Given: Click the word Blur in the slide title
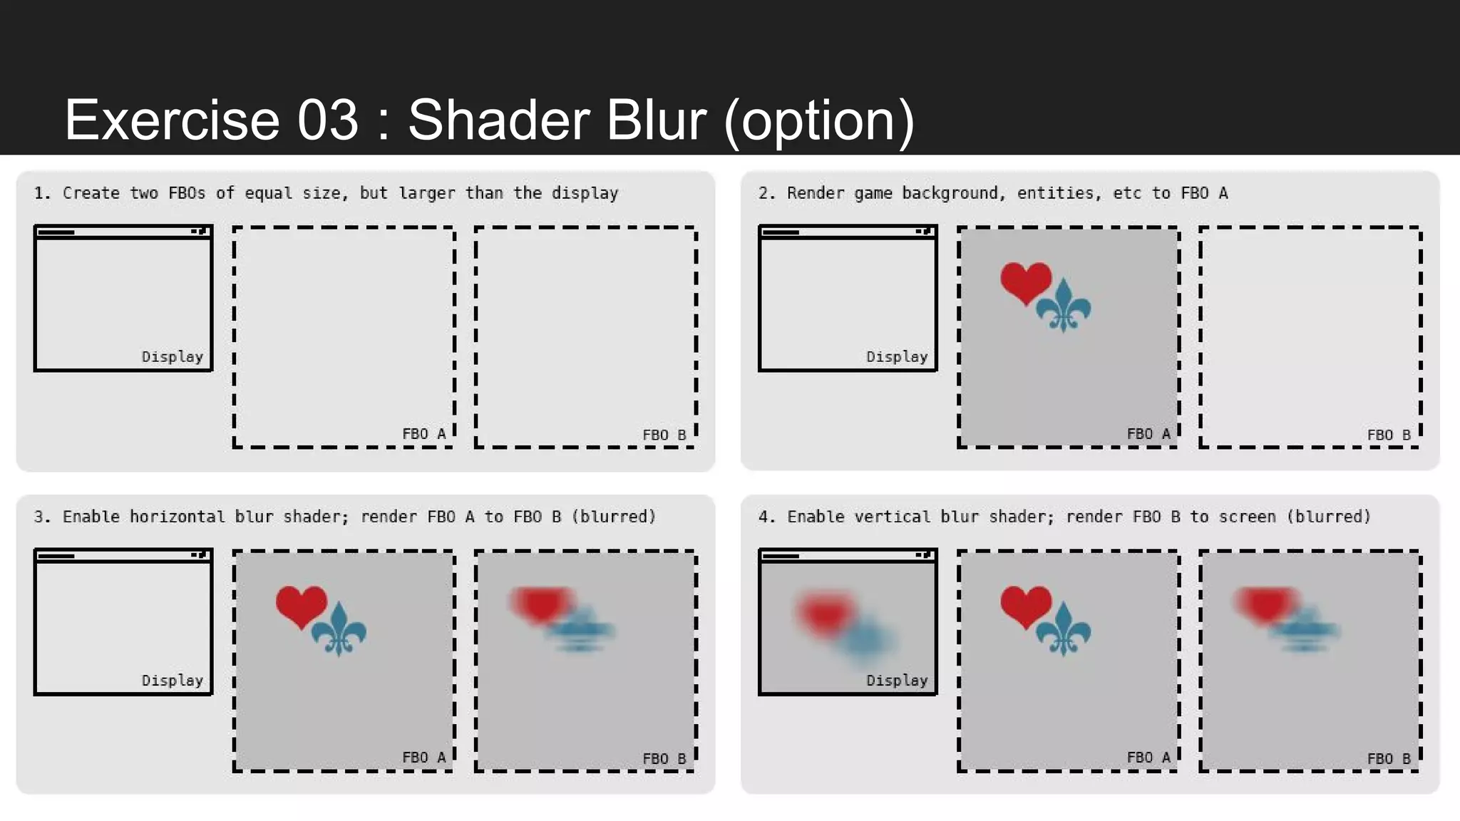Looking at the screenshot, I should point(657,120).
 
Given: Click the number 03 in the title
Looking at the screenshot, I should point(327,120).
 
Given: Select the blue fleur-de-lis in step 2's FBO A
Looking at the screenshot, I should point(1064,306).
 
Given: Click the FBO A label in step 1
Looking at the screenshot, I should point(423,434).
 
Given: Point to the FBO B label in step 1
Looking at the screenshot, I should point(664,435).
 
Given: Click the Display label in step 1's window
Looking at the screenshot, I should point(172,356).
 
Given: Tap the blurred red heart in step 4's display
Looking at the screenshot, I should point(825,613).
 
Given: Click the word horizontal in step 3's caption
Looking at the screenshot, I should point(177,517).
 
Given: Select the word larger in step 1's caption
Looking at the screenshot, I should point(426,193).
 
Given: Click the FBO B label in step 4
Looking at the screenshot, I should point(1388,758).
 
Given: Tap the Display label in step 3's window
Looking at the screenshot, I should point(172,680).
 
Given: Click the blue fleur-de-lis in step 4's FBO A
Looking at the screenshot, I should point(1064,629).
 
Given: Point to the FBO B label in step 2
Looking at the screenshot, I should point(1388,435).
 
